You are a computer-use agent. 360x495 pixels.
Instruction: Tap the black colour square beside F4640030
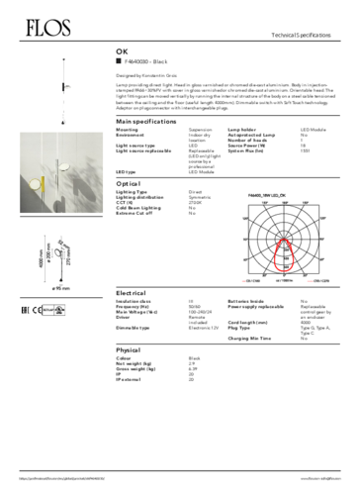119,60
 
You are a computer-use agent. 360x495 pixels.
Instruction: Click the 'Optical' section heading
128,184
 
